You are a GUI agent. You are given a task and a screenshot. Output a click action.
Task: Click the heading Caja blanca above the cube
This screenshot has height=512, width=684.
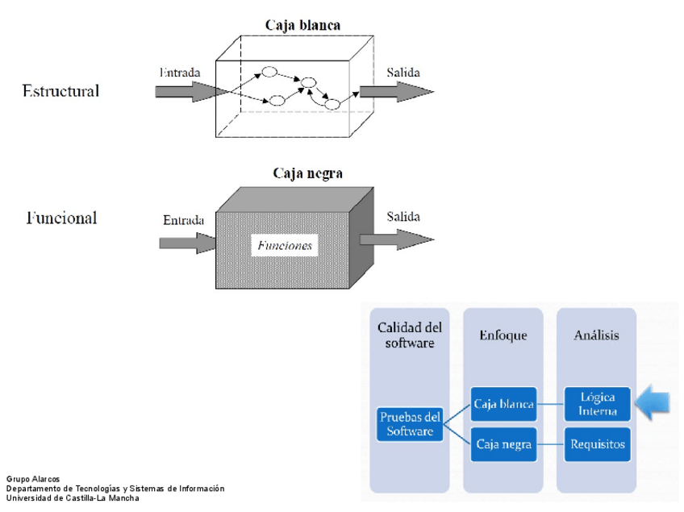click(x=302, y=25)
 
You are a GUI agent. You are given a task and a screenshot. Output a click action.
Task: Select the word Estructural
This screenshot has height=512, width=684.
click(x=60, y=91)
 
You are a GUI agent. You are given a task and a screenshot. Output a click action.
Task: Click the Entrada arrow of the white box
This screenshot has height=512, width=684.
click(x=186, y=91)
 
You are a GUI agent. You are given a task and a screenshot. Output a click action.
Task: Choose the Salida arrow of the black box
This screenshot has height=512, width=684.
click(x=396, y=239)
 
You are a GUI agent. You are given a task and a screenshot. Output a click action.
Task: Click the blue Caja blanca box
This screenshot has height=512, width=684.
click(x=504, y=404)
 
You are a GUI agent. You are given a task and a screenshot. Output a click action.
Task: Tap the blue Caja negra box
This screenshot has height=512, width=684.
click(x=504, y=443)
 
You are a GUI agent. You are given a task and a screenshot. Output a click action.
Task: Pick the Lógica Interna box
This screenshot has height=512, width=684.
click(x=598, y=404)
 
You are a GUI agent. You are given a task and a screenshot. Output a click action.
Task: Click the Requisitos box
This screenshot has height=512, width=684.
click(x=598, y=443)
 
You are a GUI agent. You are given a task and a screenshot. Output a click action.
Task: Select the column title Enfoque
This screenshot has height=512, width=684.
click(x=503, y=335)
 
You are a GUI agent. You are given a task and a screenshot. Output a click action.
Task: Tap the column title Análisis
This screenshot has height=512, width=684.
click(x=597, y=335)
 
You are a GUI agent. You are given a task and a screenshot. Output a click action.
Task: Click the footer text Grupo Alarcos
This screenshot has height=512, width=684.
click(x=32, y=480)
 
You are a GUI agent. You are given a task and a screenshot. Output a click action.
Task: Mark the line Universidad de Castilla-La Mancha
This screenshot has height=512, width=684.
click(x=73, y=497)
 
